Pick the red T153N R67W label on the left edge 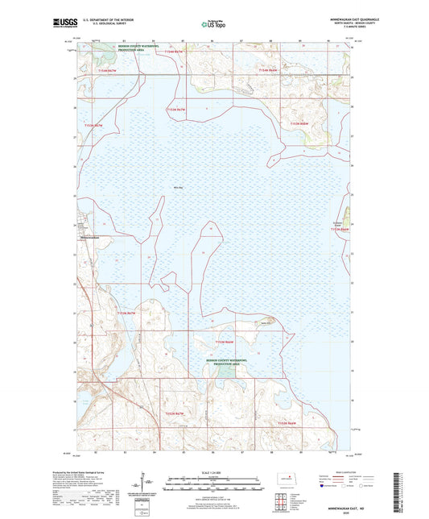[x=94, y=126]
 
